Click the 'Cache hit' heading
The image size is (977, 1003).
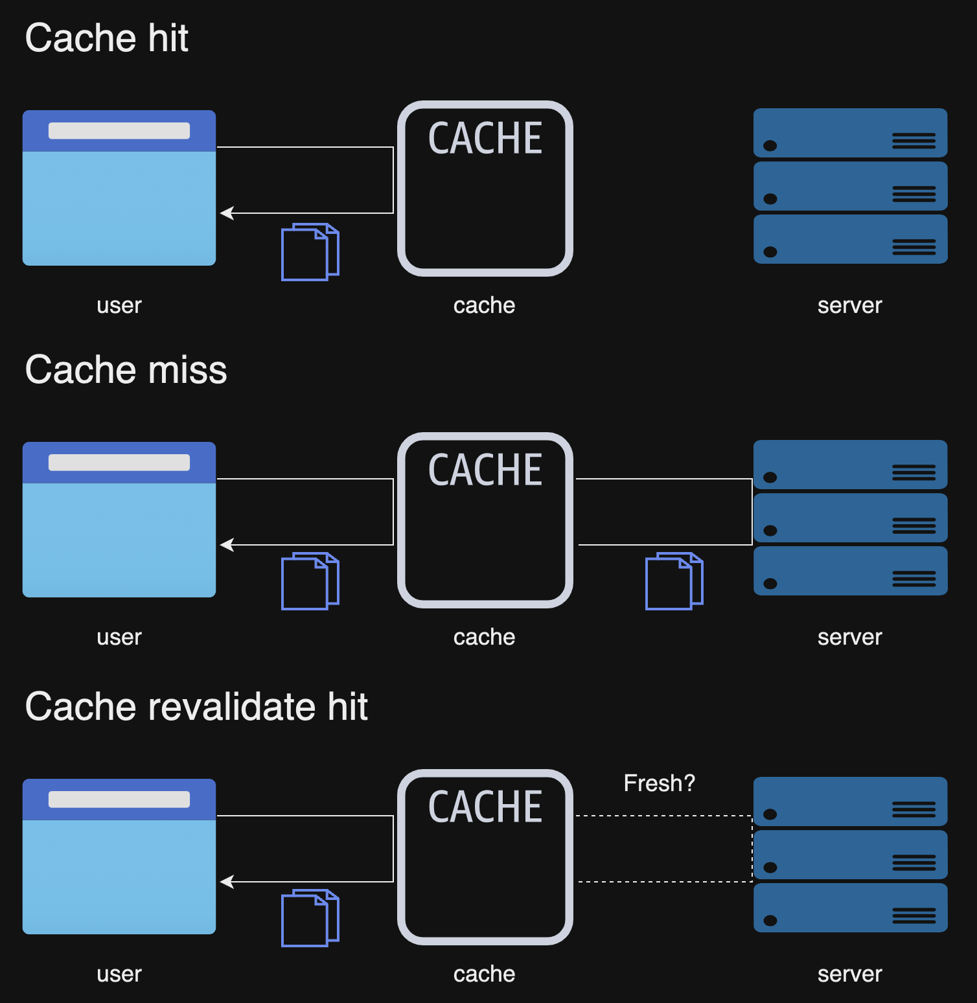pyautogui.click(x=107, y=38)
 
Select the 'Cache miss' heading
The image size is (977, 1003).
pyautogui.click(x=126, y=370)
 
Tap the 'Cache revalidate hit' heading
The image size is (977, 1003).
pyautogui.click(x=196, y=706)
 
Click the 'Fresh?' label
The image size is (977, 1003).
pyautogui.click(x=659, y=783)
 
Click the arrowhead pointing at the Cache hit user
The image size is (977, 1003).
pyautogui.click(x=226, y=213)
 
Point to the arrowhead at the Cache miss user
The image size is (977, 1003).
pyautogui.click(x=226, y=545)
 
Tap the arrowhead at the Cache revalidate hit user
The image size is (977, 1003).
pyautogui.click(x=226, y=882)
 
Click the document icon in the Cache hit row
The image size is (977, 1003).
pyautogui.click(x=310, y=252)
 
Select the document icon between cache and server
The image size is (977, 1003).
pyautogui.click(x=674, y=581)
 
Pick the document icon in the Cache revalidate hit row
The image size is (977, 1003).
pyautogui.click(x=310, y=918)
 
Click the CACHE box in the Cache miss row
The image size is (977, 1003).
pyautogui.click(x=485, y=520)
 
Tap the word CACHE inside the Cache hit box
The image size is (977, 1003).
pyautogui.click(x=485, y=138)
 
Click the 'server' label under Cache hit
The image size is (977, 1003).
pyautogui.click(x=849, y=305)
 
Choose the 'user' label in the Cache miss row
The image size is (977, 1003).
pyautogui.click(x=119, y=637)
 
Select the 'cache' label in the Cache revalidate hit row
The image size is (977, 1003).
pyautogui.click(x=484, y=974)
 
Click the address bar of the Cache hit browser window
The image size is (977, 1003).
pyautogui.click(x=119, y=131)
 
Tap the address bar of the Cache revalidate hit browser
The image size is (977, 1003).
pyautogui.click(x=119, y=800)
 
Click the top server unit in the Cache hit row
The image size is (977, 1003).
pyautogui.click(x=850, y=133)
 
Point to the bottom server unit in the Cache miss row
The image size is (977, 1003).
pyautogui.click(x=850, y=571)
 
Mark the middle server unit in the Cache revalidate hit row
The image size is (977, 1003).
pyautogui.click(x=850, y=855)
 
